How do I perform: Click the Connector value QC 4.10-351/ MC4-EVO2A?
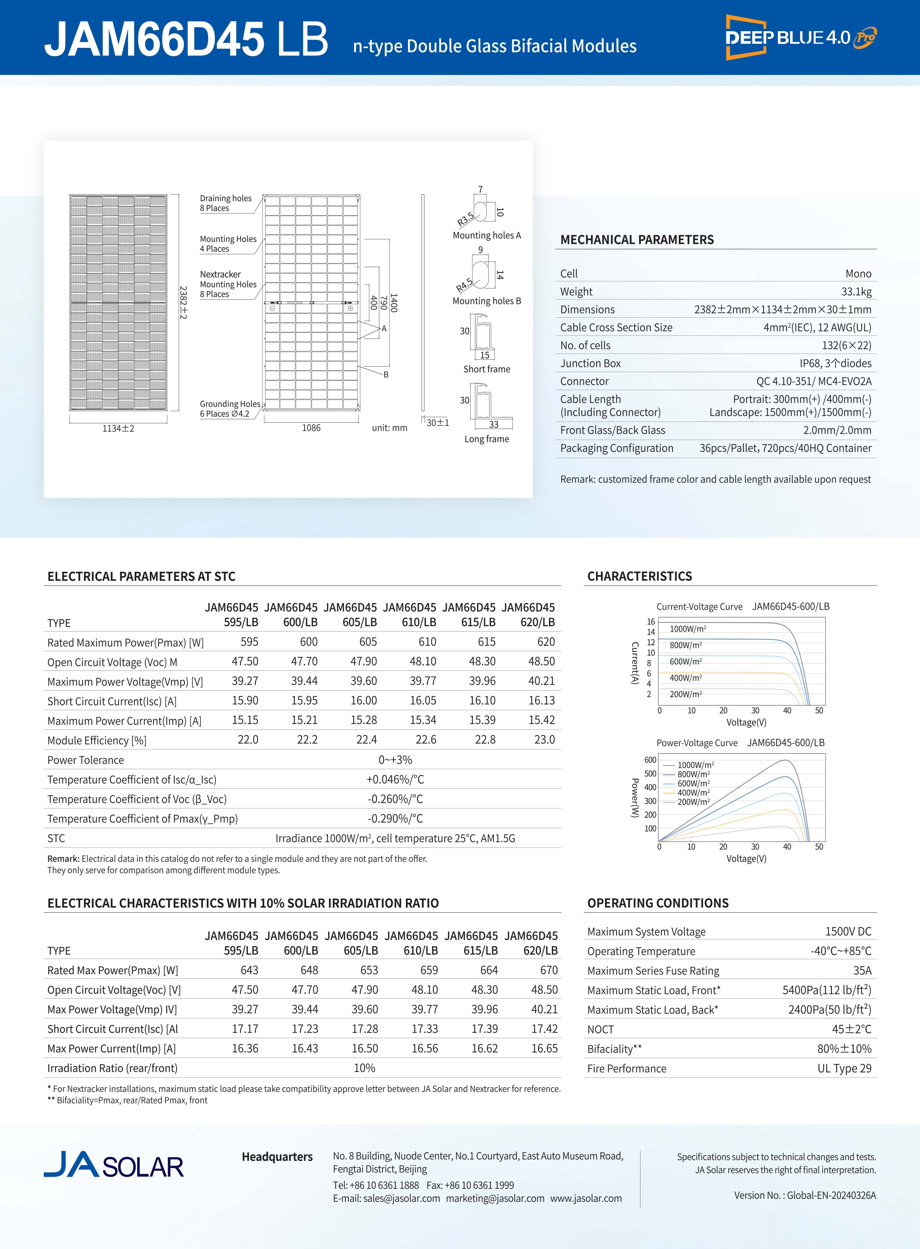[813, 381]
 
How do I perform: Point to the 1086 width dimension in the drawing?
[311, 428]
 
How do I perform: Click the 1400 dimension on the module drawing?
[394, 302]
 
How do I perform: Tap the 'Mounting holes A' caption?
[487, 235]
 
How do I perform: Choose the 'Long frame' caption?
[487, 439]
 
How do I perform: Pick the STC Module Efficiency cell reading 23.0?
[544, 740]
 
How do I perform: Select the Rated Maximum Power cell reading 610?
[427, 642]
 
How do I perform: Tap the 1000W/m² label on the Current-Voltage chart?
[688, 629]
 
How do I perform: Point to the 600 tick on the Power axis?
[650, 760]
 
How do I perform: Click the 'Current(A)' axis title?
[634, 663]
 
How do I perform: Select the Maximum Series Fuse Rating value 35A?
[862, 970]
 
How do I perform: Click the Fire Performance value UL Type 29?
[844, 1068]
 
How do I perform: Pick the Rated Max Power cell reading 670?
[549, 970]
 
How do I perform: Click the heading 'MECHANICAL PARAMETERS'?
[637, 240]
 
